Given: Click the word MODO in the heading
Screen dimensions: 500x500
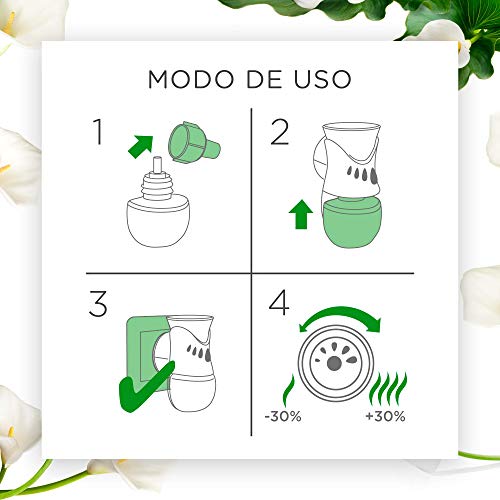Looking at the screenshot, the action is coord(191,79).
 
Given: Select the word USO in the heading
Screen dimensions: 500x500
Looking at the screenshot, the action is coord(323,79).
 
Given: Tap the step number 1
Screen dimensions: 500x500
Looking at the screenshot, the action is coord(98,132).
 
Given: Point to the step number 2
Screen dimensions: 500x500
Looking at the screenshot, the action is coord(279,132).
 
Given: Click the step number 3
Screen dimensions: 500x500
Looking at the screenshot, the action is coord(98,303).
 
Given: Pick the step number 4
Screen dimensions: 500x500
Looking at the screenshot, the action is coord(279,302).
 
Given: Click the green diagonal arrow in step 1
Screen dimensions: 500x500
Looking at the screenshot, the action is coord(141,147).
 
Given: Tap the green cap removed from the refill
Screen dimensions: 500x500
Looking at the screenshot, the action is coord(193,142).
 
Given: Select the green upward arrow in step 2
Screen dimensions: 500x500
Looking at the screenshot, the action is coord(301,214).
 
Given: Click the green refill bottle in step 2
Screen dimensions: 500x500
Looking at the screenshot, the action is coord(351,223).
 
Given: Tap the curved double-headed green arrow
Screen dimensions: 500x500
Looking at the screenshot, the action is coord(340,313).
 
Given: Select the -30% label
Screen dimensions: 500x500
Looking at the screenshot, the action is coord(283,416).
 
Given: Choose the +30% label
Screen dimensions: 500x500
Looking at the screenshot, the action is coord(385,416).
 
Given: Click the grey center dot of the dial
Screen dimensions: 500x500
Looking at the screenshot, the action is coord(334,364).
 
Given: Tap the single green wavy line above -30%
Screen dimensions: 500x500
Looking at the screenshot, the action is coord(289,390).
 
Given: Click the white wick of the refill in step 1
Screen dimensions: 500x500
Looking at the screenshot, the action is coord(157,166).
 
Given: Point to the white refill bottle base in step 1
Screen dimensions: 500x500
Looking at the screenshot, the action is coord(158,222).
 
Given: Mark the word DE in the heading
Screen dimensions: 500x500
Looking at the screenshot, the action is coord(264,79).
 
